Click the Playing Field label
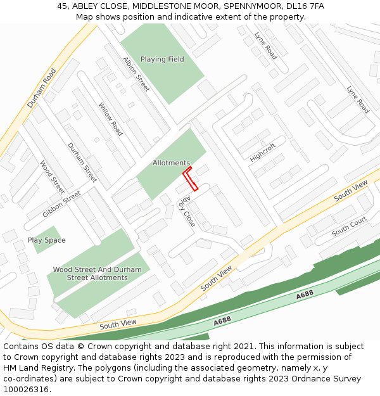[x=162, y=60]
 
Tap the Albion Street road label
[x=137, y=75]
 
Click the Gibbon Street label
[x=61, y=204]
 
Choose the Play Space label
[x=46, y=241]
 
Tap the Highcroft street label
[x=263, y=152]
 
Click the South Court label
[x=349, y=227]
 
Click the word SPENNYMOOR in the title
[x=247, y=6]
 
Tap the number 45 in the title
[x=62, y=6]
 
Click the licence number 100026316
[x=26, y=390]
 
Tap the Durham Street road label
[x=82, y=163]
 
